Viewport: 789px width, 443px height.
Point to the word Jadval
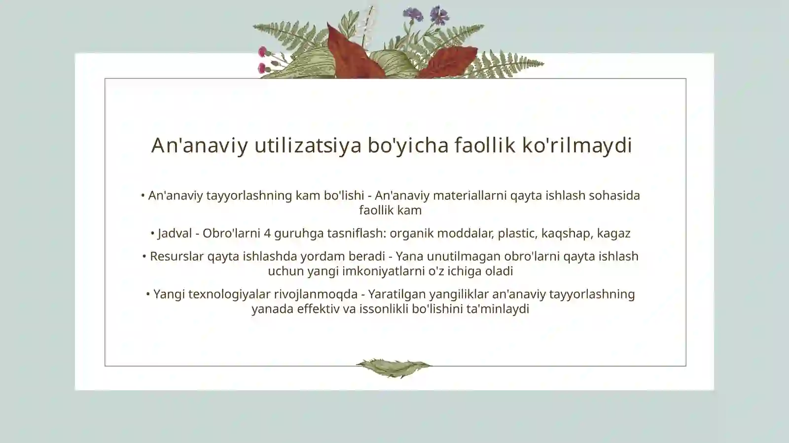[x=175, y=233]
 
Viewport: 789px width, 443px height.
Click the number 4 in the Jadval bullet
[x=267, y=233]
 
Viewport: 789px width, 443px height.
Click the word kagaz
[x=613, y=233]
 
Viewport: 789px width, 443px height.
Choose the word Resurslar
[x=177, y=256]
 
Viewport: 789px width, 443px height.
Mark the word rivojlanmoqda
[x=316, y=294]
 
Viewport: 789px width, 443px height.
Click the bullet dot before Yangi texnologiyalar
[x=148, y=294]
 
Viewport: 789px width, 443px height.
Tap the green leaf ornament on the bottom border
[x=394, y=368]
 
